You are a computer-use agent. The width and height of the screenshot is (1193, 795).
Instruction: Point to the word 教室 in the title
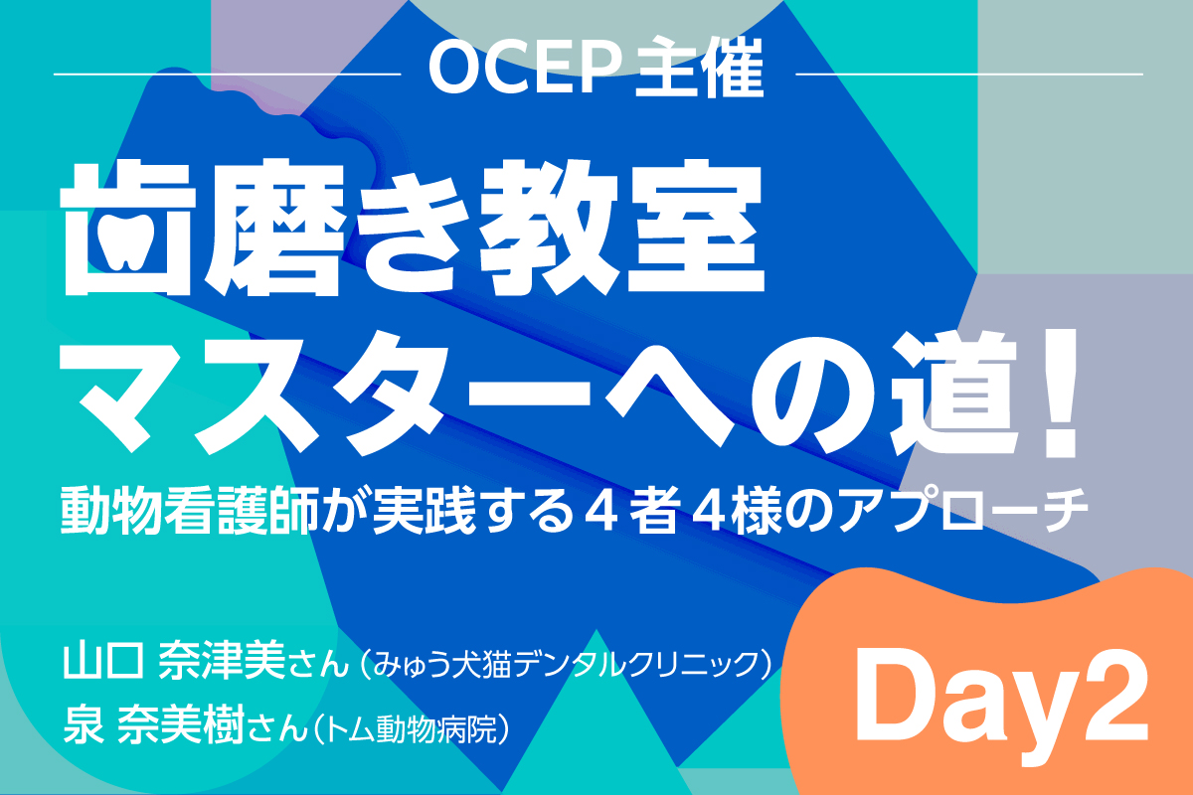click(x=621, y=228)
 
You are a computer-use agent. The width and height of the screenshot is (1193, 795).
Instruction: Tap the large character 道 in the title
click(x=959, y=396)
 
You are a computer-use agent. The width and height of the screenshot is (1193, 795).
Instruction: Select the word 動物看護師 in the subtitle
click(x=190, y=510)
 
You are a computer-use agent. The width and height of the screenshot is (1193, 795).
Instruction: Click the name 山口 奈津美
click(x=175, y=662)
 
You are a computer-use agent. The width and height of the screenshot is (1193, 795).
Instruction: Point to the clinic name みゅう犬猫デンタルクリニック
click(x=565, y=664)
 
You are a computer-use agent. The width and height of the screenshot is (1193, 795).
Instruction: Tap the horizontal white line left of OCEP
click(x=228, y=74)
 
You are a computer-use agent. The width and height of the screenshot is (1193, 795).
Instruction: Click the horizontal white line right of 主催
click(x=969, y=74)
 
